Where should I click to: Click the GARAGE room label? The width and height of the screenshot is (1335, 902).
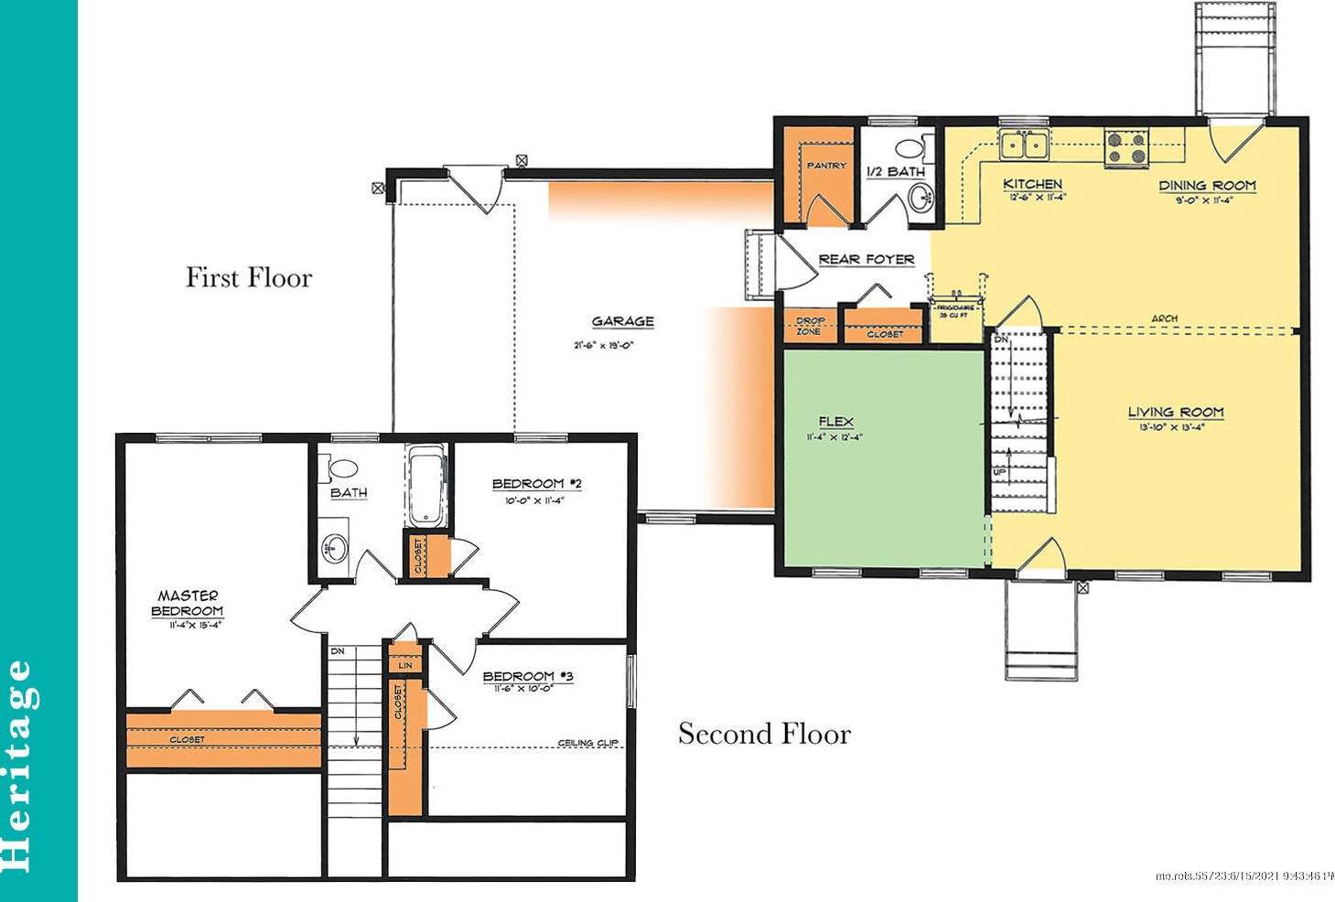622,321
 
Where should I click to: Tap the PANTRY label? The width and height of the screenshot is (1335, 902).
825,166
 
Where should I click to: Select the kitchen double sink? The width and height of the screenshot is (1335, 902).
1024,144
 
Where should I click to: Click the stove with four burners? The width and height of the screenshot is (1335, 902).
1126,148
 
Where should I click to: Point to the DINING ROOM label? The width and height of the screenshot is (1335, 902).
1207,186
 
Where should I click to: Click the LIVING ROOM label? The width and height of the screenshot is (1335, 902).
1175,413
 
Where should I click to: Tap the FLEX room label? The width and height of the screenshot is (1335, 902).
835,422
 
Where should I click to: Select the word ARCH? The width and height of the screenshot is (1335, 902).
1164,318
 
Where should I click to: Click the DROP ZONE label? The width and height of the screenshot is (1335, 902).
810,326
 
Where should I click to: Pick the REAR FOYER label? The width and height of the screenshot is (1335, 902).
866,259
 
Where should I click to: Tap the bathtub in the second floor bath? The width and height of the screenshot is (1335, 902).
426,485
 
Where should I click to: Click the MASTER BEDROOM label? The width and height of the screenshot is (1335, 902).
188,603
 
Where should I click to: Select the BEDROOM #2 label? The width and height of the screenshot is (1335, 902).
536,484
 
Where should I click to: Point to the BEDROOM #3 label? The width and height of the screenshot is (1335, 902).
527,676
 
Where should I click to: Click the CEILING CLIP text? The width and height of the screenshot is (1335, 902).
587,743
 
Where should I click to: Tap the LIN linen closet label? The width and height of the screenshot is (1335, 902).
404,665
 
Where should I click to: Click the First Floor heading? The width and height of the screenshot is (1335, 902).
249,277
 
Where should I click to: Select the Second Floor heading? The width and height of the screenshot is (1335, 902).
764,734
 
